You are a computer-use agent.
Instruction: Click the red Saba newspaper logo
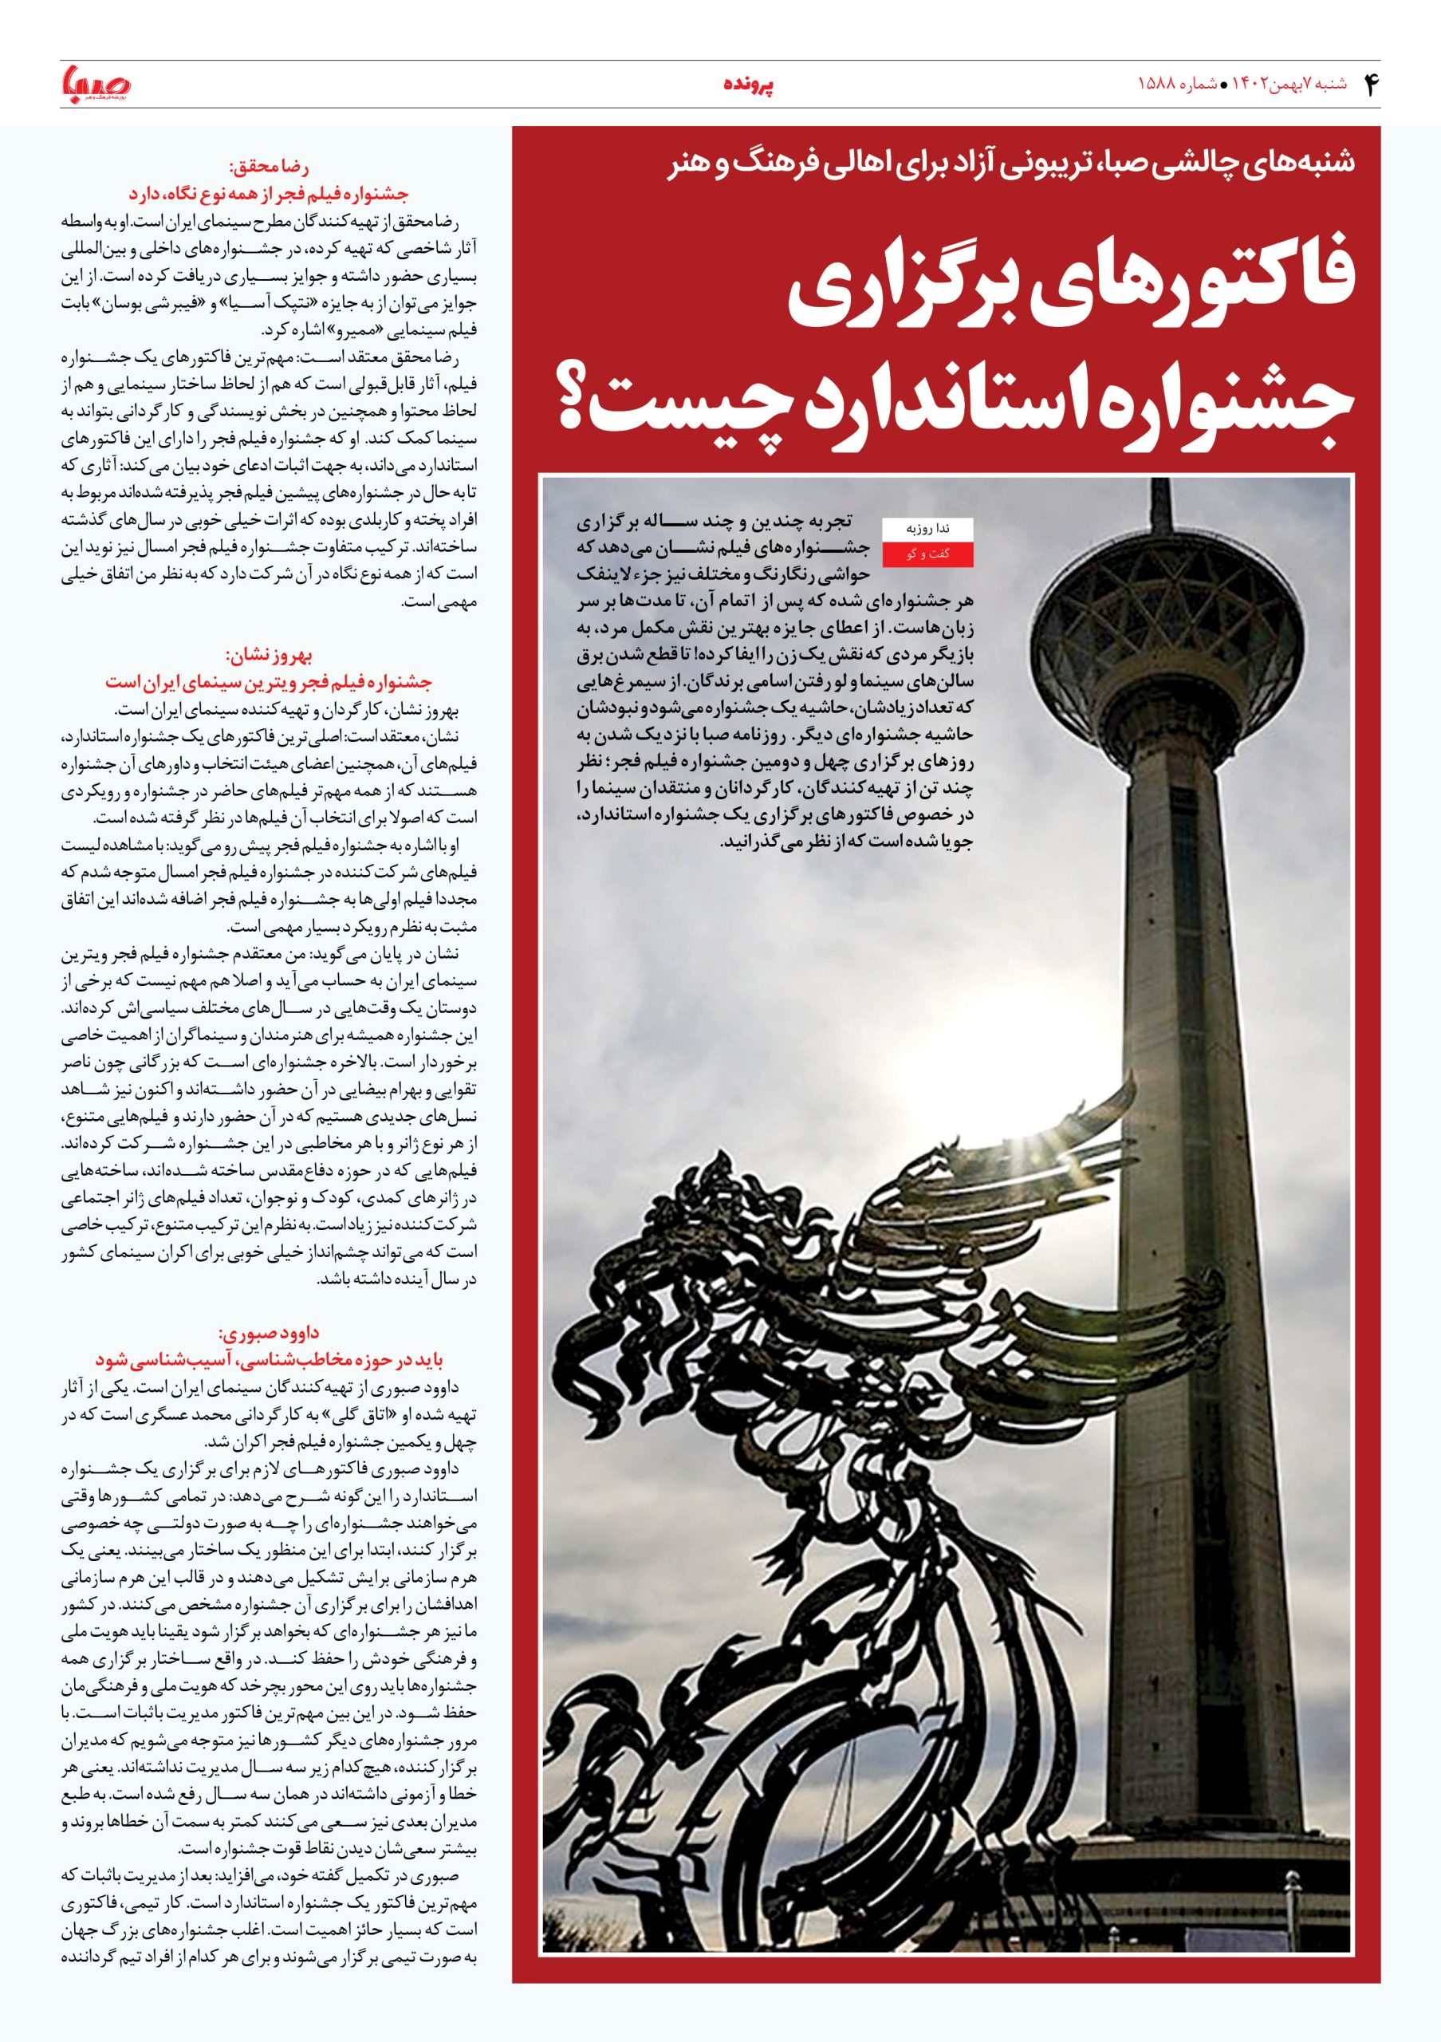point(95,84)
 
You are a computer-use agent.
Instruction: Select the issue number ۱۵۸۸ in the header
point(1159,85)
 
